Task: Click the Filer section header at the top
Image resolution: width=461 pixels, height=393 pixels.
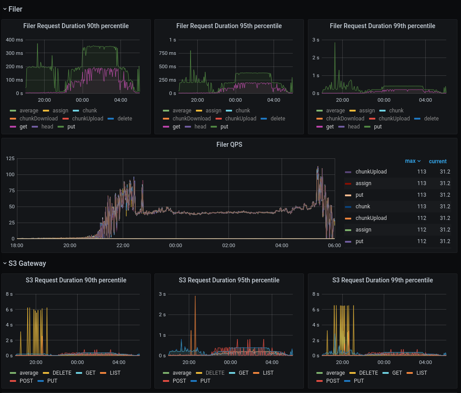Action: pyautogui.click(x=15, y=9)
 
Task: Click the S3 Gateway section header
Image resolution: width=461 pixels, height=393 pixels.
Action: pyautogui.click(x=27, y=263)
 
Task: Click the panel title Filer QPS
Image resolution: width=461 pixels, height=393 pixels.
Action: pyautogui.click(x=229, y=145)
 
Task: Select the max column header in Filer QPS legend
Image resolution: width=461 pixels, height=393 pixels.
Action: pyautogui.click(x=410, y=161)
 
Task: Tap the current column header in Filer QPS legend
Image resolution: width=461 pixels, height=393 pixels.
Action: pyautogui.click(x=437, y=161)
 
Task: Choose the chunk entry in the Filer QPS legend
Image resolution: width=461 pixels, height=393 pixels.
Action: pyautogui.click(x=362, y=207)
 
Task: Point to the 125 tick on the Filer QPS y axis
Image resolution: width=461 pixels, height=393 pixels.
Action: pyautogui.click(x=10, y=158)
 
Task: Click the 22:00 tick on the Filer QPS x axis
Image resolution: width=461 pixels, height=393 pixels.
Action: pyautogui.click(x=123, y=245)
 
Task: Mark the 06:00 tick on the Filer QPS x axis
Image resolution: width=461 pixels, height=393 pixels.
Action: pyautogui.click(x=334, y=245)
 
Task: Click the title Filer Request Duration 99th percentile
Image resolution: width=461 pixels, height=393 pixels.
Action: pyautogui.click(x=382, y=26)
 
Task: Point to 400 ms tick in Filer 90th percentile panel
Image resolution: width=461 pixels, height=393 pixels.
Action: pyautogui.click(x=14, y=40)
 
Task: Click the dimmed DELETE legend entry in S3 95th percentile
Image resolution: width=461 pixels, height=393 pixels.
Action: pyautogui.click(x=215, y=373)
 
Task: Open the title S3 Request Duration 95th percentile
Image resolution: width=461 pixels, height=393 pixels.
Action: pyautogui.click(x=229, y=280)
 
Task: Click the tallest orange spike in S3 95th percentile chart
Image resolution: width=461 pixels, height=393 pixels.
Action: pyautogui.click(x=195, y=297)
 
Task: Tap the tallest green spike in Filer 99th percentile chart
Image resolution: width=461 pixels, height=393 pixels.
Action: pyautogui.click(x=335, y=43)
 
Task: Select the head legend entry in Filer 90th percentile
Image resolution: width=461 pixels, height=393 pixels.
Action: pyautogui.click(x=47, y=127)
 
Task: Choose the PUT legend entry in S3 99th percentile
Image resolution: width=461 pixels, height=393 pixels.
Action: pyautogui.click(x=358, y=381)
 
